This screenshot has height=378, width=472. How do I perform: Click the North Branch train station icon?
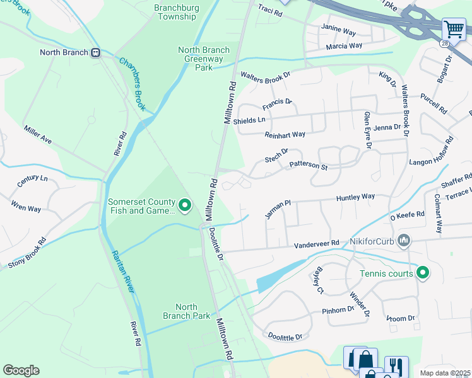click(x=96, y=53)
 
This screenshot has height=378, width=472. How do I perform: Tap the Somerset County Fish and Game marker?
click(x=185, y=205)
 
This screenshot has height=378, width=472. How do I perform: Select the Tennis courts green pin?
click(x=423, y=273)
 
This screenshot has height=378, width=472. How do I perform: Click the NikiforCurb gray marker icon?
click(x=405, y=241)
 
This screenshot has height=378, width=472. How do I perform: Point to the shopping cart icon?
click(x=453, y=29)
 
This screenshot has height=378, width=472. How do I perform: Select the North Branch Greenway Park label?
click(x=203, y=59)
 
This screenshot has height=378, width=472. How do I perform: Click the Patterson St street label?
click(x=308, y=166)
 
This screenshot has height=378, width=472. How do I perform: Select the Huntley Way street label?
click(x=355, y=197)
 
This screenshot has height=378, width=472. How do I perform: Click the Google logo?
click(x=21, y=370)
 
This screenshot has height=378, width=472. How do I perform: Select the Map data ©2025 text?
click(x=445, y=372)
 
